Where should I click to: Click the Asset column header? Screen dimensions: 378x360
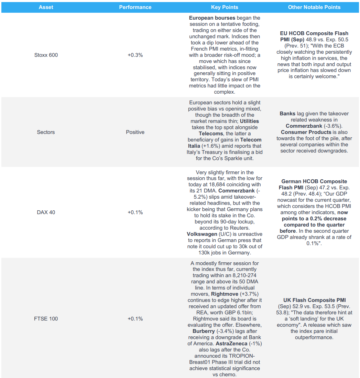(x=46, y=7)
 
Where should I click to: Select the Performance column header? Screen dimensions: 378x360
(x=135, y=7)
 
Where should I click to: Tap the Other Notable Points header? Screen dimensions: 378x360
(x=314, y=7)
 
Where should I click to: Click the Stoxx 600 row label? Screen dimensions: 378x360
(x=46, y=55)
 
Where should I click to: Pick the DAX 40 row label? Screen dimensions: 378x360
(x=46, y=212)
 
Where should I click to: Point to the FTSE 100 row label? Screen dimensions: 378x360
(x=46, y=319)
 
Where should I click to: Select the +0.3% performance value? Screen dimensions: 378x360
(x=135, y=55)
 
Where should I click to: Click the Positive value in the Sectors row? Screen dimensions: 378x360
(x=135, y=132)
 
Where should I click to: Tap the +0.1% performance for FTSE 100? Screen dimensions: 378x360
(x=135, y=319)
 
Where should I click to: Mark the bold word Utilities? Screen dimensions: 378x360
(x=249, y=121)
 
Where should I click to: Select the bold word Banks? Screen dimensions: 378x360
(x=287, y=114)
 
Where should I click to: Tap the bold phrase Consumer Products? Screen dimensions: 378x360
(x=304, y=132)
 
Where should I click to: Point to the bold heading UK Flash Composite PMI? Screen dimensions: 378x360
(x=315, y=300)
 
